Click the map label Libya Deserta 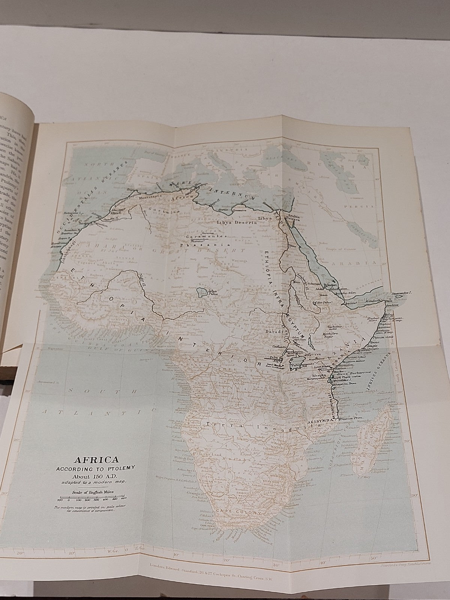[236, 222]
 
